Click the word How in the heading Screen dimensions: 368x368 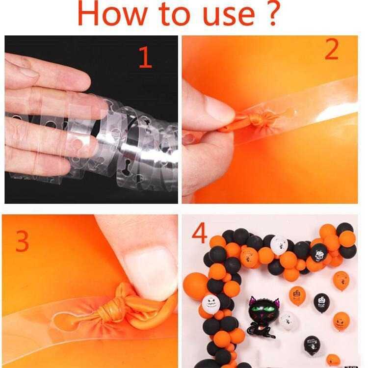(x=112, y=14)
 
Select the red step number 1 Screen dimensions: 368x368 (x=146, y=57)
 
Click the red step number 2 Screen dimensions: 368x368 (x=332, y=49)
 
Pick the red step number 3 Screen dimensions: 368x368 (x=22, y=241)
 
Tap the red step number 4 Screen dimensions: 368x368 (x=200, y=233)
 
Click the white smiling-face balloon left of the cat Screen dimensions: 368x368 (x=211, y=304)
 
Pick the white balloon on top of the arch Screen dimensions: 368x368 (x=279, y=245)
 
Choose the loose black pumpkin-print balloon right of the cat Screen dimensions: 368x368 (x=321, y=303)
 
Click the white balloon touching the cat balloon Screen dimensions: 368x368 (x=289, y=321)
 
